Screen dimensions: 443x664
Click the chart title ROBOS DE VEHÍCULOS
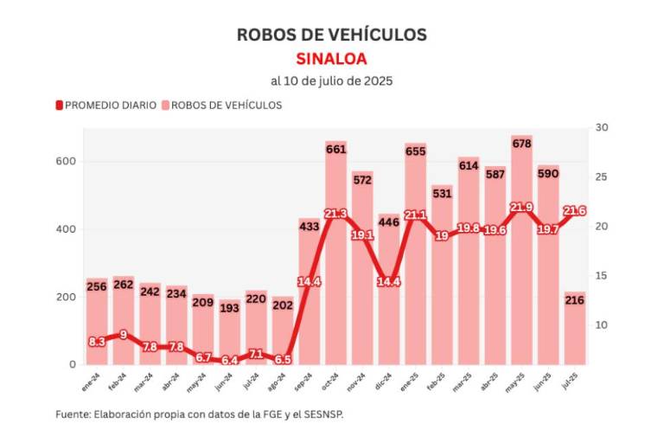332,34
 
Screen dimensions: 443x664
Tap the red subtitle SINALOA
332,59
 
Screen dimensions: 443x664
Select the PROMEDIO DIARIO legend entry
107,105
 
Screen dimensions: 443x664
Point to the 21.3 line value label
336,214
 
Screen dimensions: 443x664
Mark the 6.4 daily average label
230,361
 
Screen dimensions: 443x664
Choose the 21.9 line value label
521,208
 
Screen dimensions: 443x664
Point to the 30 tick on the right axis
602,128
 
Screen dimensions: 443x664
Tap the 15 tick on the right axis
602,276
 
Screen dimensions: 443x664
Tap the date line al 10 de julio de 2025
332,81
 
